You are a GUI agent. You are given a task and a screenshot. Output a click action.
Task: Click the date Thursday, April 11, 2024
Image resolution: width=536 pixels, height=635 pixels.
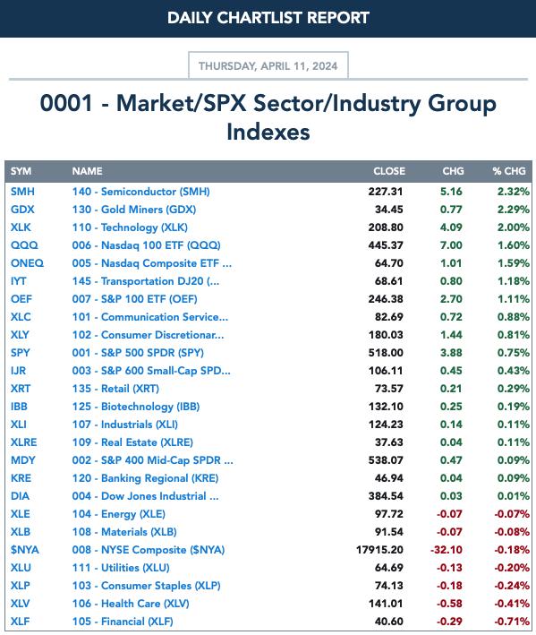(268, 66)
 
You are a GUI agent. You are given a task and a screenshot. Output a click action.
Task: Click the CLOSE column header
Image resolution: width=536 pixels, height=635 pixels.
(389, 171)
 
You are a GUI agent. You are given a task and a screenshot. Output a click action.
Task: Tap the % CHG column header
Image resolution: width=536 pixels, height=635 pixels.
(509, 171)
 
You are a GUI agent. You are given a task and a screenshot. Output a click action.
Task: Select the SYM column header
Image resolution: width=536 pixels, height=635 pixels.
(21, 171)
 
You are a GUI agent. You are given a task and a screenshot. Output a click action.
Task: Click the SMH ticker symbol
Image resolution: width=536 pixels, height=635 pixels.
(22, 192)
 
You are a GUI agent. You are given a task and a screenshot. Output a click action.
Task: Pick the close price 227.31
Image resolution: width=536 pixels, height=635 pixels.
(386, 192)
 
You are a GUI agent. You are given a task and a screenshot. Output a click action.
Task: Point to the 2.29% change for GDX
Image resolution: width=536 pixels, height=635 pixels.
(514, 210)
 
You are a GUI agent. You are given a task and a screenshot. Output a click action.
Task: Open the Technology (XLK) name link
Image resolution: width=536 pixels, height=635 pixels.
(130, 227)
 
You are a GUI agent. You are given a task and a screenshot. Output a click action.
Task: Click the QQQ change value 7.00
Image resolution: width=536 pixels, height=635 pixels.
(451, 245)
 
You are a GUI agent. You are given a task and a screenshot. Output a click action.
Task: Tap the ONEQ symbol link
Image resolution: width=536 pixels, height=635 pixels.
(27, 263)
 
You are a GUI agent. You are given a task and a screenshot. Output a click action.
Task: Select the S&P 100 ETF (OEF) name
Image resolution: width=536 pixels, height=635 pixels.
(135, 299)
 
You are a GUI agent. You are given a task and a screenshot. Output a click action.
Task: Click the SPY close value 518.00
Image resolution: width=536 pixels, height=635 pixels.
(386, 353)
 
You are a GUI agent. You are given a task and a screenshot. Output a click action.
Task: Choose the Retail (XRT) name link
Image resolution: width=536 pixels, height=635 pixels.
(115, 389)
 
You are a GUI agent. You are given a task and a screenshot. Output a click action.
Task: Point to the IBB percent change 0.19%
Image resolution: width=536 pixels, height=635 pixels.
(514, 407)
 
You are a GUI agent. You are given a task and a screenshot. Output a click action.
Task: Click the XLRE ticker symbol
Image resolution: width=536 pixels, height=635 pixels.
(24, 442)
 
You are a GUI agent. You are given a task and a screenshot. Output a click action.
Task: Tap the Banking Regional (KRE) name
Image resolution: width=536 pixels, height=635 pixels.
(145, 478)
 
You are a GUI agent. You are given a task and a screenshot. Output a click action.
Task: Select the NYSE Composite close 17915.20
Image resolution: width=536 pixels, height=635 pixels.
(379, 550)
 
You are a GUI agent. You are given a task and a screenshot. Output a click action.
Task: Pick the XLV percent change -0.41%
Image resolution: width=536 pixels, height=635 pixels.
(512, 604)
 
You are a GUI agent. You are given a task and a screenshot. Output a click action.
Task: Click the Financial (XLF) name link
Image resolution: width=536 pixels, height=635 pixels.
(123, 622)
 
